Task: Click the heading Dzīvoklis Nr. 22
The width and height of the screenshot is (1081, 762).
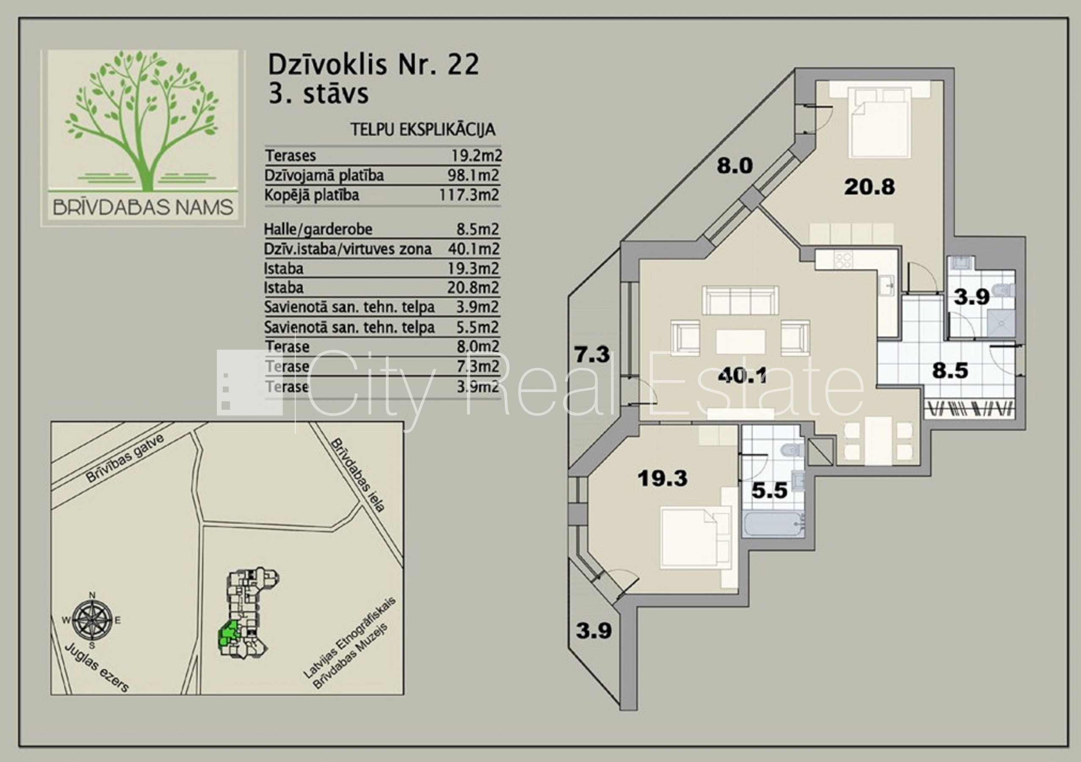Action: (x=373, y=65)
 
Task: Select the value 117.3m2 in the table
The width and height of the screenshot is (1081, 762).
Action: (x=469, y=195)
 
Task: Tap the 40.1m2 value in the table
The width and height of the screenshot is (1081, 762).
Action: (x=474, y=249)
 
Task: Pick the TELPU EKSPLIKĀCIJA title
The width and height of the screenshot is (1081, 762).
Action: (x=423, y=130)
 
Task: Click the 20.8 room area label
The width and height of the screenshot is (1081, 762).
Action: (x=869, y=187)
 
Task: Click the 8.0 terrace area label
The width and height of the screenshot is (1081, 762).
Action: (x=735, y=166)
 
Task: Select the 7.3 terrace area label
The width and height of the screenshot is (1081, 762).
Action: (x=592, y=354)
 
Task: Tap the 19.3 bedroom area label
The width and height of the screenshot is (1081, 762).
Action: (x=662, y=479)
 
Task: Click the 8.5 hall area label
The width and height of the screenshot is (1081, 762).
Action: (x=950, y=370)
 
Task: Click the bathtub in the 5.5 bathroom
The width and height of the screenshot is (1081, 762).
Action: (x=773, y=525)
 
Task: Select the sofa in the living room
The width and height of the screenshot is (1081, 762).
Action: (x=740, y=300)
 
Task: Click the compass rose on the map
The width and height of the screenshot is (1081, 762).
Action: (x=92, y=619)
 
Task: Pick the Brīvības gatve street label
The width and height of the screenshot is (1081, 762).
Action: (x=125, y=458)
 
